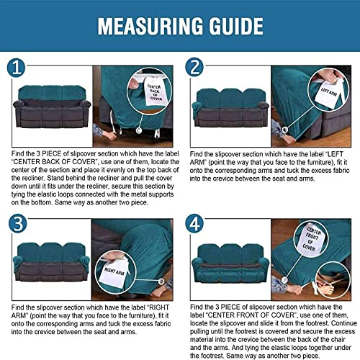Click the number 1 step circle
17,68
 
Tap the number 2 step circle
194,68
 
